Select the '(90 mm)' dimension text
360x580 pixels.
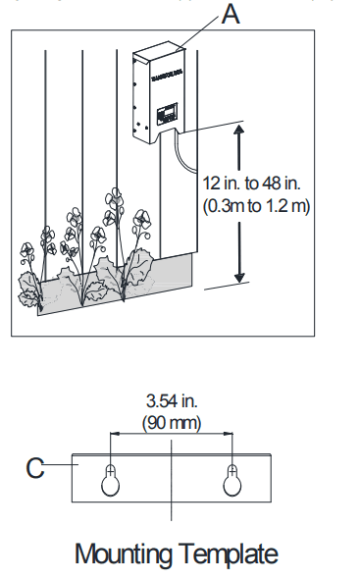pyautogui.click(x=172, y=423)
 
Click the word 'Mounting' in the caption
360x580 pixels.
pyautogui.click(x=124, y=554)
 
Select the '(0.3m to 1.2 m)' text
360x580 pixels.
pyautogui.click(x=256, y=206)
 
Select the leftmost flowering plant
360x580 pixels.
pyautogui.click(x=29, y=265)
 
